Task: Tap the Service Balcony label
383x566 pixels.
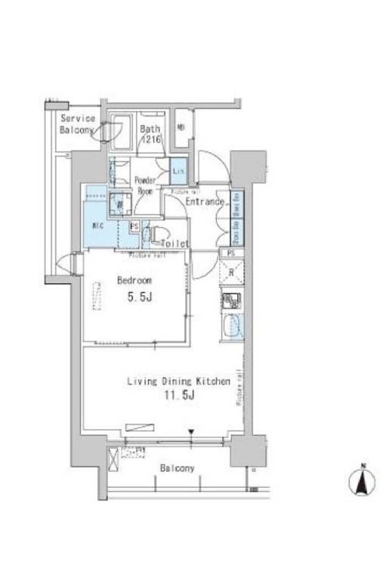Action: (78, 124)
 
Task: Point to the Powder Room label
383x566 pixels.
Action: (145, 185)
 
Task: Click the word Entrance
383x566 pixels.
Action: (204, 202)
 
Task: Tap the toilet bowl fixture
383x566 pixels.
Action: (156, 235)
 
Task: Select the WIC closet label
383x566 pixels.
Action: (97, 225)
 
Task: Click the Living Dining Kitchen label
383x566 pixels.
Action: (178, 383)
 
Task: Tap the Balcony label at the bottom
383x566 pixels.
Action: (177, 468)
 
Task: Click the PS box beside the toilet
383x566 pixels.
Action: (134, 225)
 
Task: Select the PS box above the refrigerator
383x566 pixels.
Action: (231, 253)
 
